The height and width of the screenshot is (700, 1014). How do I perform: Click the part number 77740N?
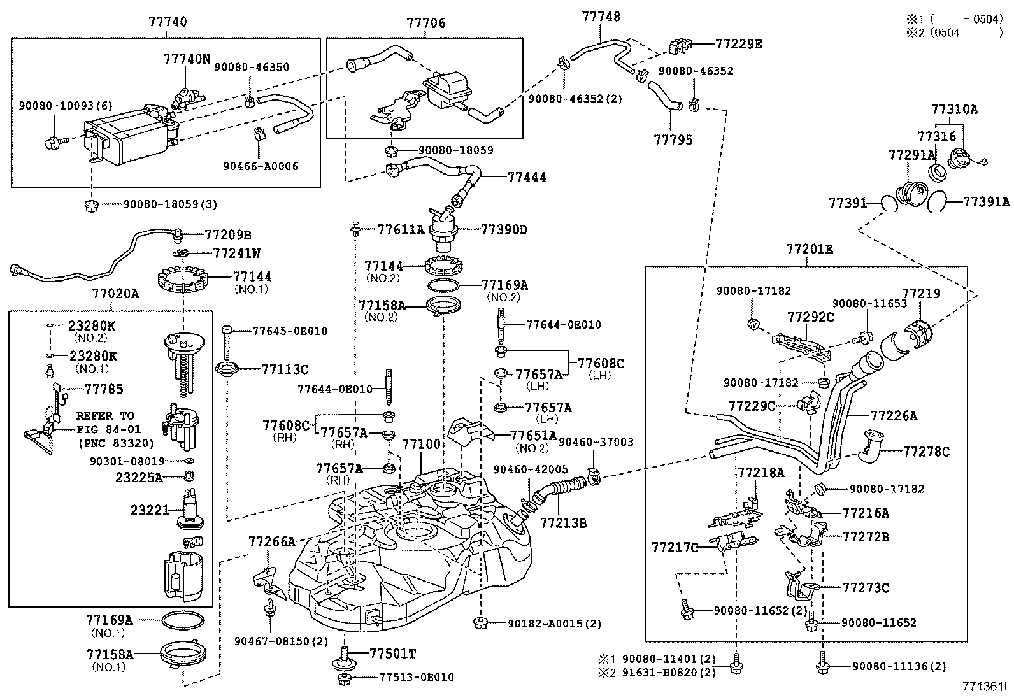point(186,59)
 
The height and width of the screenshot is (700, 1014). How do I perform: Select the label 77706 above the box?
point(426,24)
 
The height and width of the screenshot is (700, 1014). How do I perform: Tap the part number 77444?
point(527,178)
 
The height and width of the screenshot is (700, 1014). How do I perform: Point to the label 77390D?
point(504,229)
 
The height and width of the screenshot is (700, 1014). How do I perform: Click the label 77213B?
point(563,524)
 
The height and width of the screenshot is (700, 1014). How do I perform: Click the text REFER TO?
point(105,416)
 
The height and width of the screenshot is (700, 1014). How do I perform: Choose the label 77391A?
point(986,202)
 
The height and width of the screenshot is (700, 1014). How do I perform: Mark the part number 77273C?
point(866,587)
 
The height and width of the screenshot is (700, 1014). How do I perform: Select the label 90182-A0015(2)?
point(554,624)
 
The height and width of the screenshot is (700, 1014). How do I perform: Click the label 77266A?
point(272,542)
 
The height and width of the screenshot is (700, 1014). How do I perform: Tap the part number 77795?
point(673,139)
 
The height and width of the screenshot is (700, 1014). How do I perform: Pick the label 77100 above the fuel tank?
point(421,444)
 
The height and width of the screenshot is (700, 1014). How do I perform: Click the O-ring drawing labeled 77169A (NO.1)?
point(183,620)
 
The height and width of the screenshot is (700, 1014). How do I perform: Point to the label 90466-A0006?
point(261,166)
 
